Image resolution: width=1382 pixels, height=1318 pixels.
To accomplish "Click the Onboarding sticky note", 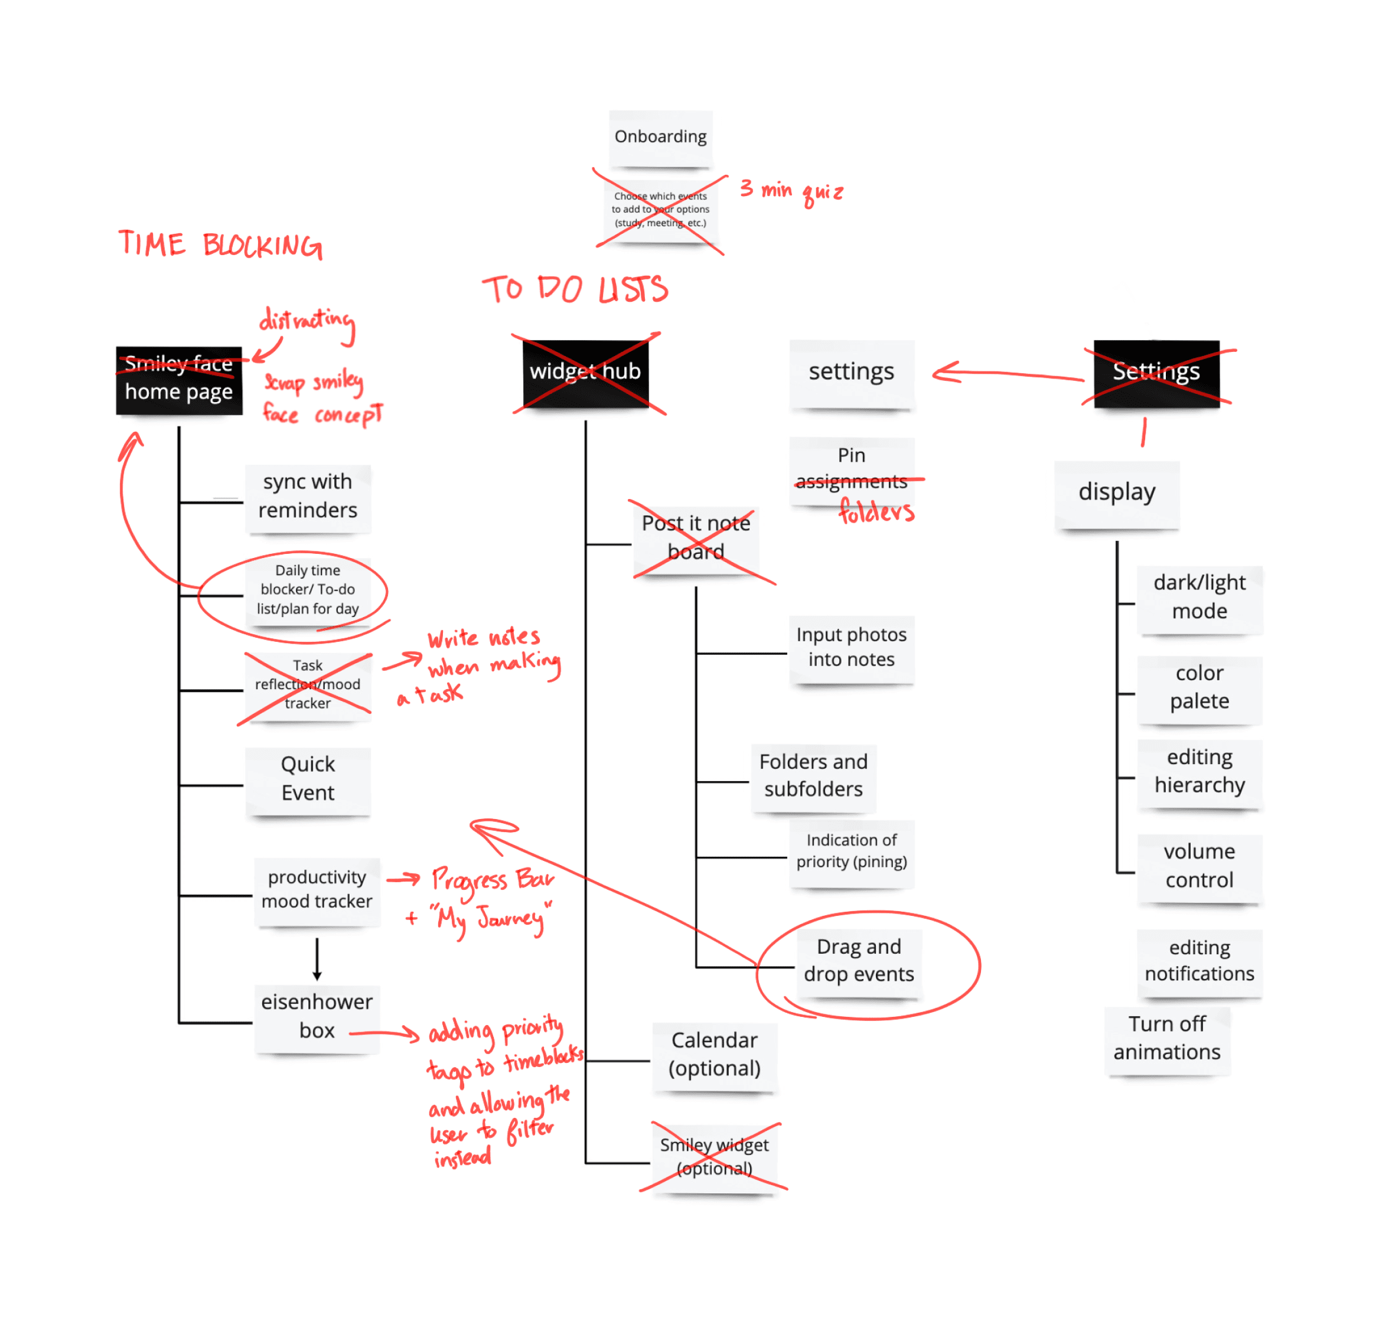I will coord(660,137).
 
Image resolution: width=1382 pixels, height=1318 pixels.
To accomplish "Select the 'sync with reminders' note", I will coord(308,496).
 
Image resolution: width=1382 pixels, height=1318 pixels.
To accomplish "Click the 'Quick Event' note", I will coord(308,778).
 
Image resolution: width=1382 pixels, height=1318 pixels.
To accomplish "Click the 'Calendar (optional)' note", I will coord(714,1055).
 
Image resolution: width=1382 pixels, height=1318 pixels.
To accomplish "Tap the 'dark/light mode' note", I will coord(1200,596).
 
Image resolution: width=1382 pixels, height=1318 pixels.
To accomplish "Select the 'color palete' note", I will coord(1200,687).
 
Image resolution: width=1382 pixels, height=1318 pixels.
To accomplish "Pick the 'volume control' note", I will coord(1200,866).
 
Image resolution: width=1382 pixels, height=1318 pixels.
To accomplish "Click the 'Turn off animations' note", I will coord(1167,1038).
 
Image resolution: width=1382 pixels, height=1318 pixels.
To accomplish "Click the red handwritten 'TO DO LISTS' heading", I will coord(575,289).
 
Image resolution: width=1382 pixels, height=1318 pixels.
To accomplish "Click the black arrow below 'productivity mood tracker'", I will coord(317,958).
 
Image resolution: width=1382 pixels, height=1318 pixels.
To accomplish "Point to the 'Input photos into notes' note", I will coord(851,647).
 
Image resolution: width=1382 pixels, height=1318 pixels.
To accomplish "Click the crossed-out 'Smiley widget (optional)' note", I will coord(714,1157).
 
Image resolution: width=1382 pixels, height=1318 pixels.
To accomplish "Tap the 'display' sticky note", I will coord(1116,492).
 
